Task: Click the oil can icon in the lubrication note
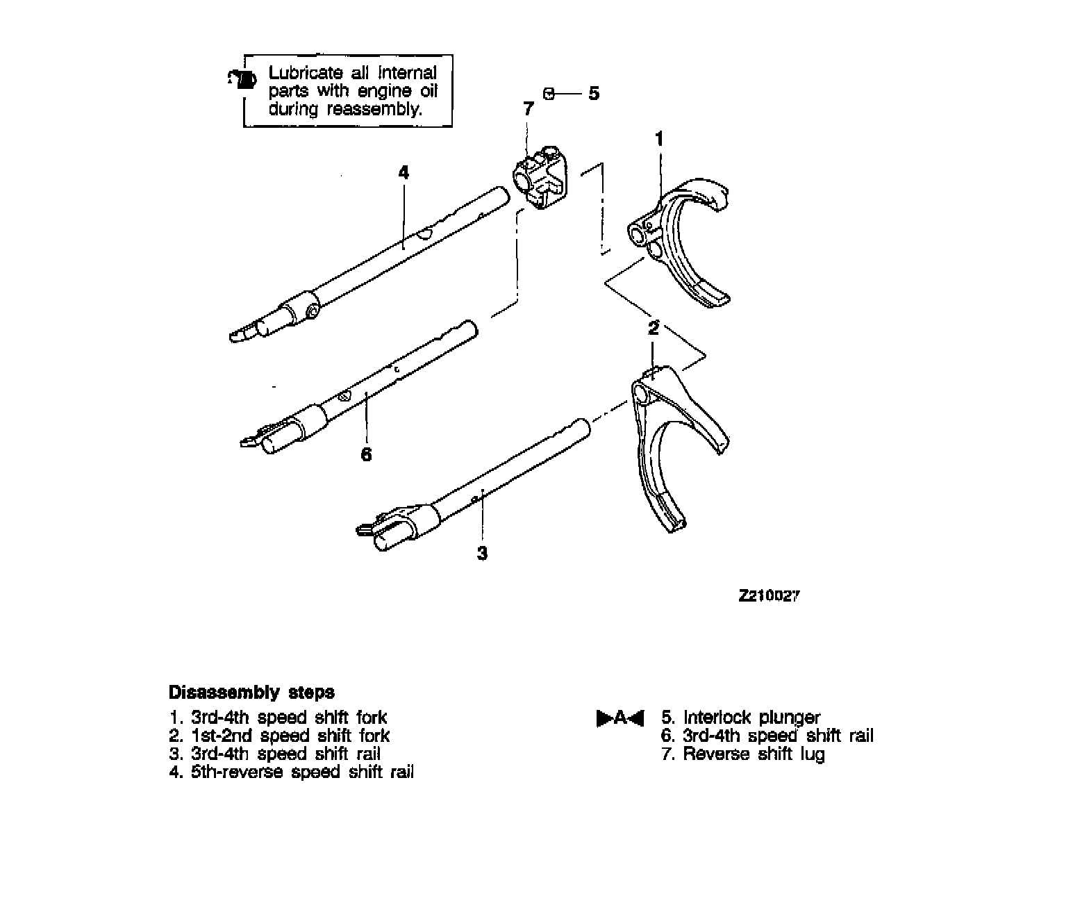[x=240, y=79]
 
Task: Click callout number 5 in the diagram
[x=594, y=93]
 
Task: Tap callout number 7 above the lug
[x=529, y=109]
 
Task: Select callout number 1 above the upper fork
[x=659, y=139]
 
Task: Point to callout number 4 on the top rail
[x=404, y=172]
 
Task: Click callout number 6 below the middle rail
[x=366, y=455]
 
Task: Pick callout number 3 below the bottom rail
[x=482, y=554]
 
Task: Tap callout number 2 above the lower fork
[x=653, y=328]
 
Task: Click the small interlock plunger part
[x=549, y=93]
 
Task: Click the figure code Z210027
[x=769, y=596]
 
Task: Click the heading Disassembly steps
[x=251, y=693]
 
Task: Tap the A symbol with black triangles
[x=620, y=718]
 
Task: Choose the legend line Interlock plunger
[x=741, y=718]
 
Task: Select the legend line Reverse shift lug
[x=744, y=754]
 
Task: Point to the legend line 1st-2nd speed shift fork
[x=280, y=736]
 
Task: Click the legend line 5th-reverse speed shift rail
[x=292, y=772]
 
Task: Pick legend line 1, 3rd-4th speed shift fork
[x=279, y=718]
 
